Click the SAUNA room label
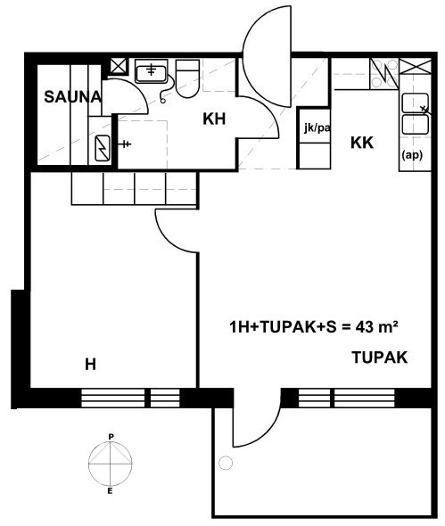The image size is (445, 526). pyautogui.click(x=72, y=97)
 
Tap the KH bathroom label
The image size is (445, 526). pyautogui.click(x=214, y=119)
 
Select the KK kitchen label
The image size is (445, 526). pyautogui.click(x=362, y=143)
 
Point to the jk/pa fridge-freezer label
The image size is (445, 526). pyautogui.click(x=317, y=127)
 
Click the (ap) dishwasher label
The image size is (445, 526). pyautogui.click(x=412, y=155)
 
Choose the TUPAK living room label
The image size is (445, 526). pyautogui.click(x=380, y=358)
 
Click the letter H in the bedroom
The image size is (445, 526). pyautogui.click(x=91, y=365)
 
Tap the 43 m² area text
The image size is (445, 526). pyautogui.click(x=377, y=326)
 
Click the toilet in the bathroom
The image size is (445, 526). pyautogui.click(x=187, y=78)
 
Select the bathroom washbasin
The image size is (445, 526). pyautogui.click(x=151, y=72)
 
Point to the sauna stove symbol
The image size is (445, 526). pyautogui.click(x=103, y=148)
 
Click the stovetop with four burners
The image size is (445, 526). pyautogui.click(x=384, y=74)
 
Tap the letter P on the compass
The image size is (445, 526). pyautogui.click(x=111, y=437)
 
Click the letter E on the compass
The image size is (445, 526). pyautogui.click(x=110, y=491)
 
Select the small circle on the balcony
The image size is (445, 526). pyautogui.click(x=226, y=464)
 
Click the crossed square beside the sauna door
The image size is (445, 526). pyautogui.click(x=119, y=66)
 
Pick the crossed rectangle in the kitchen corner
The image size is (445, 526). pyautogui.click(x=416, y=67)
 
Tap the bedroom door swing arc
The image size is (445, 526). pyautogui.click(x=168, y=240)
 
